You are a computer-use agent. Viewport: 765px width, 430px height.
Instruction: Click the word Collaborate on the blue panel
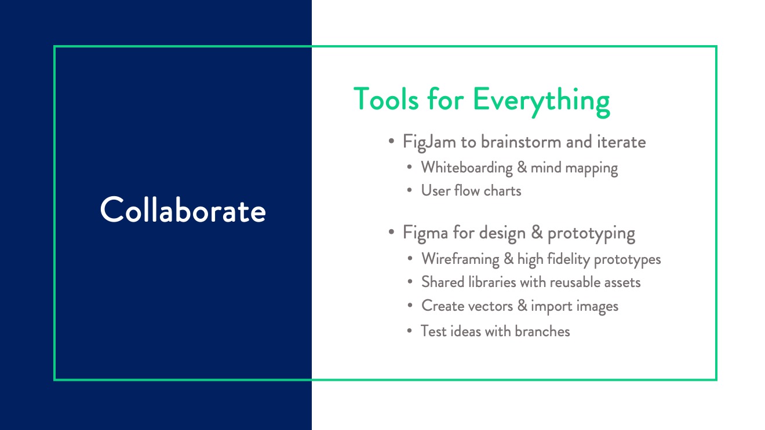click(183, 210)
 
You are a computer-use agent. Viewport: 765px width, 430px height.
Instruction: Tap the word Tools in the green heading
click(386, 99)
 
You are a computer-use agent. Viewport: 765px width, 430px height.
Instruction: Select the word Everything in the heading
click(542, 101)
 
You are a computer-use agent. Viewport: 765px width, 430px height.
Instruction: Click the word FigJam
click(429, 142)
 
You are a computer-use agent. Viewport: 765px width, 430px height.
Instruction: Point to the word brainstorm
click(521, 142)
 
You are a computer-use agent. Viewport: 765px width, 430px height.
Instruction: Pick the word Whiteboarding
click(467, 168)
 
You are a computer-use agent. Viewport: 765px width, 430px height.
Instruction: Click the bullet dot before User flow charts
click(410, 190)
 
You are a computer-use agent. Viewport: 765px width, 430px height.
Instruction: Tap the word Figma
click(425, 233)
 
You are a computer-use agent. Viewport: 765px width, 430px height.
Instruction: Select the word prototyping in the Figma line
click(591, 234)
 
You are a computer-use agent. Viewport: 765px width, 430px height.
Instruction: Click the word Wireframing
click(460, 259)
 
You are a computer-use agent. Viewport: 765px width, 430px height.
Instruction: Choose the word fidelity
click(569, 259)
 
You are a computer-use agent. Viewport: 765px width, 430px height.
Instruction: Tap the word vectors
click(491, 306)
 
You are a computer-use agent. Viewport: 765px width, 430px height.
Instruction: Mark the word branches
click(542, 331)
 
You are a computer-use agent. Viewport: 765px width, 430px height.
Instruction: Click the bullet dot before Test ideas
click(410, 331)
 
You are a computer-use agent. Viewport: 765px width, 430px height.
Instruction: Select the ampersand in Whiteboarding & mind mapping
click(522, 168)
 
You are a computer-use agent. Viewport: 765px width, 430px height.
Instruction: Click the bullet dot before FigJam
click(391, 141)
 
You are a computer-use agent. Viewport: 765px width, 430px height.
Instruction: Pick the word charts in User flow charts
click(502, 190)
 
